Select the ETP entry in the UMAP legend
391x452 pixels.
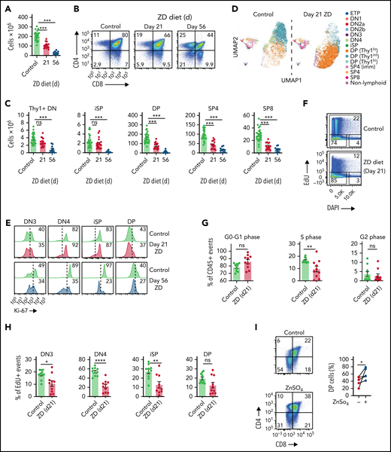[358, 13]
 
